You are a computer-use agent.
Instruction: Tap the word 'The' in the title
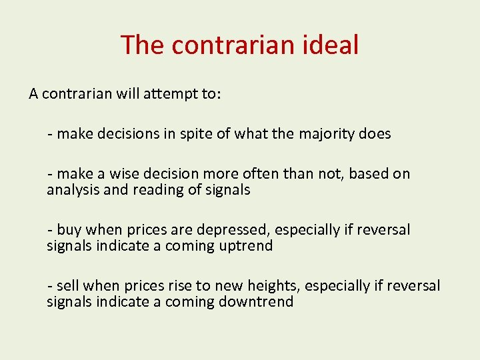click(x=142, y=45)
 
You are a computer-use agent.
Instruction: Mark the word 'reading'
click(x=149, y=190)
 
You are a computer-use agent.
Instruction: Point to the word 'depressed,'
click(x=231, y=230)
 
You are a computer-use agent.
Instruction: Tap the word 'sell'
click(x=68, y=286)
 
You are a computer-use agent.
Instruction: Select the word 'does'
click(x=375, y=134)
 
